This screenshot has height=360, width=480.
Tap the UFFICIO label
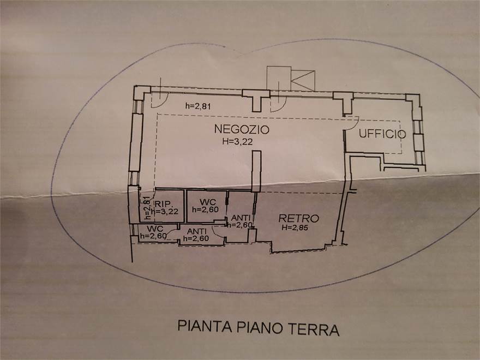(382, 134)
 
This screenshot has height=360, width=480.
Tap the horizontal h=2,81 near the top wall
(198, 106)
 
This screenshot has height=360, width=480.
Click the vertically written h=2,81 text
(147, 207)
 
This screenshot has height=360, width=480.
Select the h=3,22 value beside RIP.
(167, 212)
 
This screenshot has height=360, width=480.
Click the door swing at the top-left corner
(157, 98)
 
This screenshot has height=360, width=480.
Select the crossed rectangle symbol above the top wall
(303, 80)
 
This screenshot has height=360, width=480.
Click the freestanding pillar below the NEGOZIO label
(256, 171)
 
